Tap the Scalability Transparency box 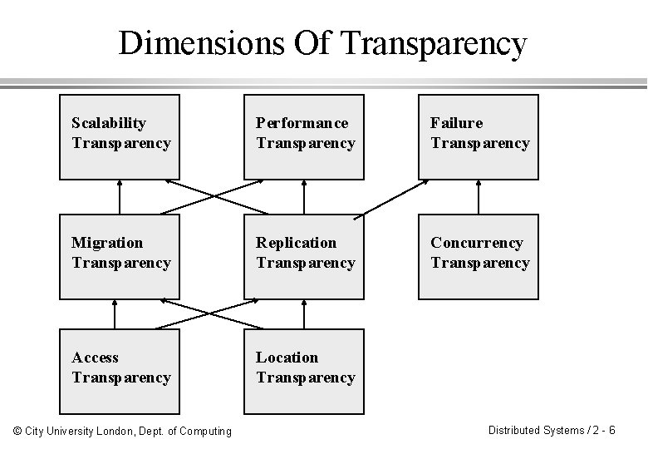click(x=119, y=137)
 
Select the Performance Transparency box click(x=303, y=137)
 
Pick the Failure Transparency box click(x=478, y=137)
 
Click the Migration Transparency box click(x=119, y=256)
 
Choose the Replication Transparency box click(x=303, y=256)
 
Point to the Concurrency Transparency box click(x=478, y=256)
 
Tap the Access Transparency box click(x=119, y=372)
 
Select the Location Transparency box click(x=303, y=372)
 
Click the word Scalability click(x=109, y=123)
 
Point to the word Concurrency click(x=476, y=243)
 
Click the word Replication click(x=296, y=243)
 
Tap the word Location click(x=287, y=358)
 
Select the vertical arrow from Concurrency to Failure click(x=479, y=196)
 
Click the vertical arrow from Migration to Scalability click(x=120, y=196)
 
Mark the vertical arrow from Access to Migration click(x=115, y=313)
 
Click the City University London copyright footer click(x=122, y=431)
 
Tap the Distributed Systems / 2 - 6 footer click(x=551, y=430)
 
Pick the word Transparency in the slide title click(x=434, y=44)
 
